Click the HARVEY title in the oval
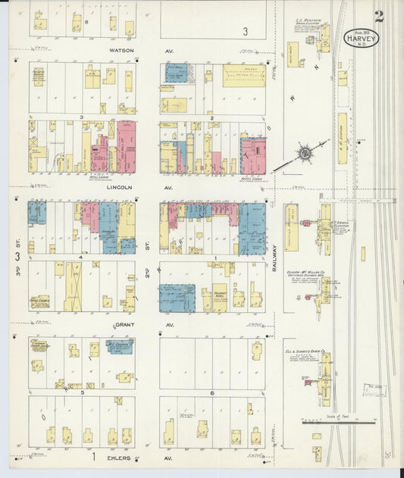361,36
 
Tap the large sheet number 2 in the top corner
378,16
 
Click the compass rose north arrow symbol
303,153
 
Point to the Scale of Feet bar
338,421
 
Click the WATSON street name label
121,51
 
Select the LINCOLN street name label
121,186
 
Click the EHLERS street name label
121,458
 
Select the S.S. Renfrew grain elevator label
308,22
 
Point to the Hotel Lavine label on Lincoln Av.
99,177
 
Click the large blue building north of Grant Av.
177,298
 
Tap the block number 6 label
212,393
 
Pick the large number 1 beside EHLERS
94,458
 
